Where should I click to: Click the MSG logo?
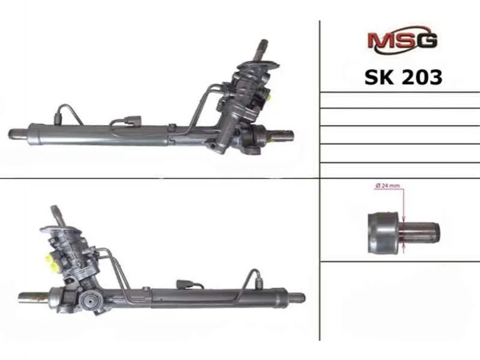tap(403, 40)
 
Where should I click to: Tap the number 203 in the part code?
tap(422, 77)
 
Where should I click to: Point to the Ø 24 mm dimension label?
tap(387, 186)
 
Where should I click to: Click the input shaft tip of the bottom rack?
tap(55, 210)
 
